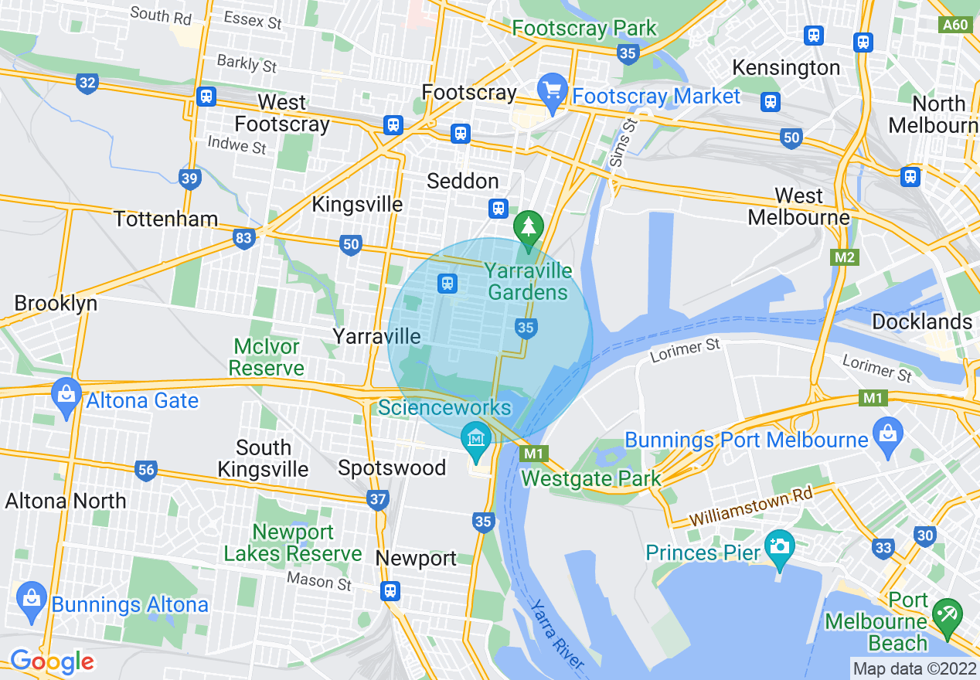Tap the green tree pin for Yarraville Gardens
coord(529,228)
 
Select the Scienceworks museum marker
coord(476,438)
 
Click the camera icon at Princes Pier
coord(779,546)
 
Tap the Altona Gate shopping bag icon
coord(66,394)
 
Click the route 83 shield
coord(243,239)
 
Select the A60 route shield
coord(955,25)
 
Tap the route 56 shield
coord(145,470)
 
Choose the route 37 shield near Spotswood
coord(377,501)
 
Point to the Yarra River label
coord(557,633)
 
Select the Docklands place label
coord(921,321)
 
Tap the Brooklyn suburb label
coord(56,303)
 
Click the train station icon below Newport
coord(390,591)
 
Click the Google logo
coord(53,661)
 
